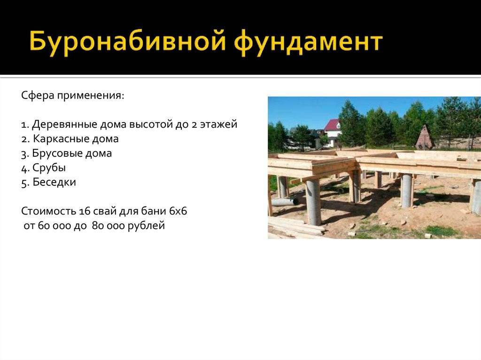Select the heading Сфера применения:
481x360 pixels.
(x=73, y=96)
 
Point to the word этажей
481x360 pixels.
(x=219, y=124)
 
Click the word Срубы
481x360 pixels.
(x=49, y=168)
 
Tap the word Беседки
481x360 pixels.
(x=54, y=182)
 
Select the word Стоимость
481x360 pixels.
(x=48, y=211)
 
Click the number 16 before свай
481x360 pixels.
(x=84, y=211)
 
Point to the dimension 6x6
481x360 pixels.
(x=178, y=211)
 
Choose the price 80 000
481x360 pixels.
(x=108, y=226)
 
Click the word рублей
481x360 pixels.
(x=147, y=226)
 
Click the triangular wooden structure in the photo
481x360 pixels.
(x=425, y=137)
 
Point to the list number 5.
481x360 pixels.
(x=24, y=183)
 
